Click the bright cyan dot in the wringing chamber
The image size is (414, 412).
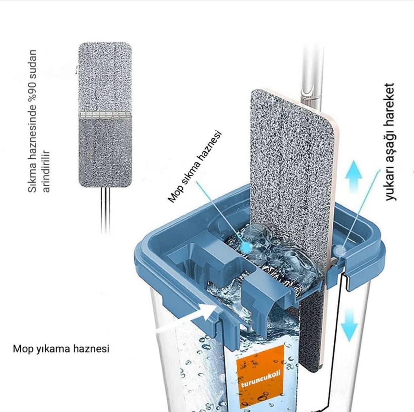point(246,248)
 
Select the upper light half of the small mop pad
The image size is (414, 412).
point(104,77)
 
